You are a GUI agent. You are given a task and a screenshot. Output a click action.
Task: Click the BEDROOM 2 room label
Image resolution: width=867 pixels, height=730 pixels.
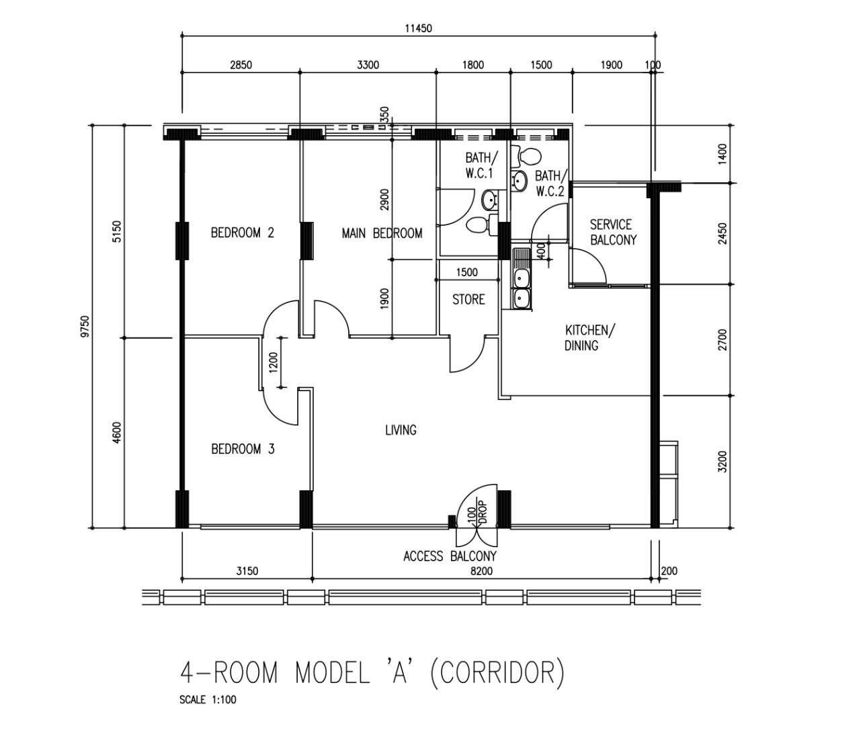pos(243,233)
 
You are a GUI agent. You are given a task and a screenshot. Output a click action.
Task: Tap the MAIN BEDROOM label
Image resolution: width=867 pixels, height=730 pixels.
pos(382,233)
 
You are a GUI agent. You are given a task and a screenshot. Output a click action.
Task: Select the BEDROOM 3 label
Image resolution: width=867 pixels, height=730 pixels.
pos(243,449)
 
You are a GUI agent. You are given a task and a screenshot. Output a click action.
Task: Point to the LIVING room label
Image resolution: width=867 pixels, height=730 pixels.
pos(401,430)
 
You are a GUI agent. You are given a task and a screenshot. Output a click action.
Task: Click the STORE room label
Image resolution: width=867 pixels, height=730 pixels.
pos(468,299)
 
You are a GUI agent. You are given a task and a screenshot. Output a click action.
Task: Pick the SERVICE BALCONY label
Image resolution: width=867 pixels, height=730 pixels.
pos(613,232)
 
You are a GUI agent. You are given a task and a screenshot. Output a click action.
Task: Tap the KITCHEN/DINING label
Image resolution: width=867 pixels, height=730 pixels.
pos(589,338)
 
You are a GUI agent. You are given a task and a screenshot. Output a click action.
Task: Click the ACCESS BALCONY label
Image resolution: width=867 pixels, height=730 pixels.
pos(450,556)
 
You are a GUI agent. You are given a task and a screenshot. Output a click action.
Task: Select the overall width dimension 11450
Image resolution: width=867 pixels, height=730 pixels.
pos(418,28)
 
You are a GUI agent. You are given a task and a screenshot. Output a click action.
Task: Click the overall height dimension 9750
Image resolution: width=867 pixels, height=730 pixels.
pos(85,327)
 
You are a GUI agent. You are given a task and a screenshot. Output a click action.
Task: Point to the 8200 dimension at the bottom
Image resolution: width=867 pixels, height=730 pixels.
pos(482,571)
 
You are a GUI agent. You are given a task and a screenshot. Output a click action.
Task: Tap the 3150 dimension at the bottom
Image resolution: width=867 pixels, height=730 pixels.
pos(247,571)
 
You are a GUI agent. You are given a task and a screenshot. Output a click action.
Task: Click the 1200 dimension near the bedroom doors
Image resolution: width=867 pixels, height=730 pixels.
pos(274,362)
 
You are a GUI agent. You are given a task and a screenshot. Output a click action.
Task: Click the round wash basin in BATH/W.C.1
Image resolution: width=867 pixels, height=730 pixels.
pos(491,200)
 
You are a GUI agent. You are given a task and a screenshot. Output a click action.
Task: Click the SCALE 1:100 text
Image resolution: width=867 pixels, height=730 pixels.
pos(208,700)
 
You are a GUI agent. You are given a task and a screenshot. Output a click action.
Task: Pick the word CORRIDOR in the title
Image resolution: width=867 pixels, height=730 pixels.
pos(497,673)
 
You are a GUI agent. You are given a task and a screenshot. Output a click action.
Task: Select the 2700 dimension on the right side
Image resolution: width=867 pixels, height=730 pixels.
pos(723,339)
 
